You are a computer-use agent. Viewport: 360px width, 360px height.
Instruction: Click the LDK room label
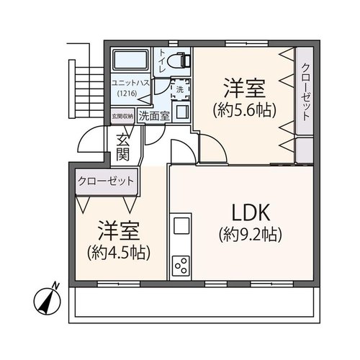click(251, 212)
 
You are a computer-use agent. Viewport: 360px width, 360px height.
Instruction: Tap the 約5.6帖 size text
click(245, 110)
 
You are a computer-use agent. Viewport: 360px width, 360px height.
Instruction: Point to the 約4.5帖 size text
click(119, 253)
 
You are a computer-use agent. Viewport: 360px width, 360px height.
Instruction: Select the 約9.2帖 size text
click(250, 234)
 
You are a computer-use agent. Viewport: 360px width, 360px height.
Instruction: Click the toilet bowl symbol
click(179, 60)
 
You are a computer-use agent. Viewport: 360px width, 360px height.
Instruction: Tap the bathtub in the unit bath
click(130, 60)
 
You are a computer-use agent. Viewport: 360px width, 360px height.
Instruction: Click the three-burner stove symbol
click(181, 266)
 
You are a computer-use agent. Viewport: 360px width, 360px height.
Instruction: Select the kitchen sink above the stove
click(181, 225)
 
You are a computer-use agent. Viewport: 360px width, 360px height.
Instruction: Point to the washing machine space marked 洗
click(180, 89)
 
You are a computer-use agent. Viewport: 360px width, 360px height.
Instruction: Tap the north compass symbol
click(48, 300)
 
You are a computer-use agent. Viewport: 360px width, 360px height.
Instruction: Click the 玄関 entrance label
click(123, 147)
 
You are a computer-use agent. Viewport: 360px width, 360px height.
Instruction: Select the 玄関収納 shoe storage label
click(122, 116)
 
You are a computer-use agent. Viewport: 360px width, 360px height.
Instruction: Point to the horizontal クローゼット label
click(106, 181)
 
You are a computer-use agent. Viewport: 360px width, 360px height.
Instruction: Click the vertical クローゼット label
click(305, 92)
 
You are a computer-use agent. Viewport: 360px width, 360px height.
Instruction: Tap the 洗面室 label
click(155, 116)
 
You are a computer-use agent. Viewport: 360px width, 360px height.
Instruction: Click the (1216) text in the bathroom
click(127, 93)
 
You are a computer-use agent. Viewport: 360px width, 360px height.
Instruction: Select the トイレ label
click(162, 60)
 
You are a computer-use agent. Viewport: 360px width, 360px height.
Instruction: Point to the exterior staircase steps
click(89, 92)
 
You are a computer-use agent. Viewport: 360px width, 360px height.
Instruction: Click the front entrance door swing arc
click(84, 135)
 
